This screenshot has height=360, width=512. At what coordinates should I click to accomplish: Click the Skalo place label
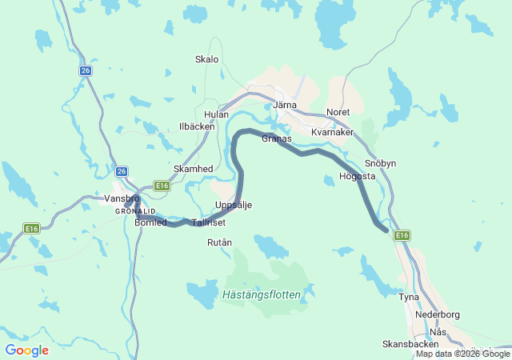click(x=206, y=59)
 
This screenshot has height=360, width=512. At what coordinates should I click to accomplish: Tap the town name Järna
click(x=285, y=105)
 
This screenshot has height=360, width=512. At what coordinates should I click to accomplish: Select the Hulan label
click(x=216, y=114)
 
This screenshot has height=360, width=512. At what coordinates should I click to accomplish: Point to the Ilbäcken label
click(x=196, y=126)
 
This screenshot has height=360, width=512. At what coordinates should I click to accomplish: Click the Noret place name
click(x=338, y=112)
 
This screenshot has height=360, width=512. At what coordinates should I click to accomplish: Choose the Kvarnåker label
click(x=332, y=132)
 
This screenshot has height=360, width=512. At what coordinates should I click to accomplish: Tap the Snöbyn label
click(x=380, y=163)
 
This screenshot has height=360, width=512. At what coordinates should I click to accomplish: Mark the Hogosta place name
click(x=357, y=176)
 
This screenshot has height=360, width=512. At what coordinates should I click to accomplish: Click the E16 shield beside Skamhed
click(x=162, y=186)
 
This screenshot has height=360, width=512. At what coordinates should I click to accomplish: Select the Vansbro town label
click(x=122, y=198)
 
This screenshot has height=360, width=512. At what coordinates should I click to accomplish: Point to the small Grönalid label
click(x=130, y=210)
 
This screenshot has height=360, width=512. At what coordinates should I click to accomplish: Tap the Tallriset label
click(x=210, y=222)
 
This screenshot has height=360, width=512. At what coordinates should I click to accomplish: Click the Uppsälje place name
click(x=234, y=206)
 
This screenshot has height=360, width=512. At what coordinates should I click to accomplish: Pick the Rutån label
click(x=219, y=242)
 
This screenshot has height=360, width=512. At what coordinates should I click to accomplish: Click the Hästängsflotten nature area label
click(x=262, y=294)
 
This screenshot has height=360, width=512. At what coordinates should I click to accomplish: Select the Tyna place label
click(x=409, y=297)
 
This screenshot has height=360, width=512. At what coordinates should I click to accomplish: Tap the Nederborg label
click(x=438, y=314)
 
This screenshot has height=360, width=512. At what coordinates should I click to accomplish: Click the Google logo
click(x=26, y=350)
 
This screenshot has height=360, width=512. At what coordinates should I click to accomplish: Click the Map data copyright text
click(x=462, y=354)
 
